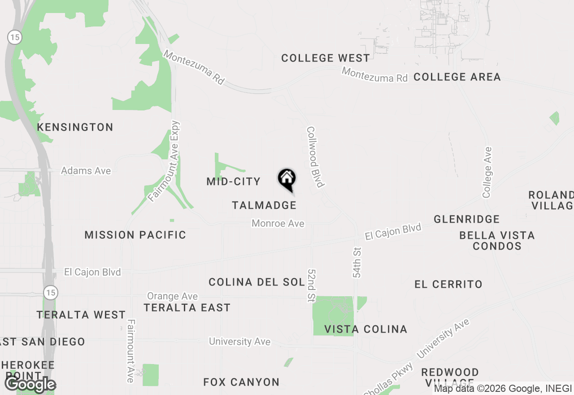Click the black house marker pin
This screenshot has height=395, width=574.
(x=287, y=179)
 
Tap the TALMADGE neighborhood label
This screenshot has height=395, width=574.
(x=264, y=205)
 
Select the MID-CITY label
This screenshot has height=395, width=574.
(x=233, y=181)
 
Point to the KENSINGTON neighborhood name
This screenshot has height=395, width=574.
(x=75, y=127)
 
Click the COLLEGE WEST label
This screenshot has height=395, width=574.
(x=326, y=58)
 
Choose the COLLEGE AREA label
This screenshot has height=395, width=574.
(x=457, y=77)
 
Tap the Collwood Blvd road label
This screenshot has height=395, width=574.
(x=315, y=157)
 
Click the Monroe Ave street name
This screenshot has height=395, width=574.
(x=278, y=223)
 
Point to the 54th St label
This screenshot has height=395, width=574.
(x=357, y=262)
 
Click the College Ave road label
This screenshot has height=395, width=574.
(x=487, y=172)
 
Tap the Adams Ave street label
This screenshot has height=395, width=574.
(x=86, y=171)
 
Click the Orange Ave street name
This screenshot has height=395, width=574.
(x=172, y=296)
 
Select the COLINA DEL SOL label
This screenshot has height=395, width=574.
(x=257, y=282)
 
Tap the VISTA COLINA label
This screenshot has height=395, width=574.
(x=365, y=329)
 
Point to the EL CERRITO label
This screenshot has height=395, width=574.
(x=448, y=284)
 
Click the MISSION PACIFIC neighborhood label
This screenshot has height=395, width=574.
(x=135, y=235)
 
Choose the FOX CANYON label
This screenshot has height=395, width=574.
(x=241, y=382)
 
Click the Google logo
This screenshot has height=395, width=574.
(x=30, y=384)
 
